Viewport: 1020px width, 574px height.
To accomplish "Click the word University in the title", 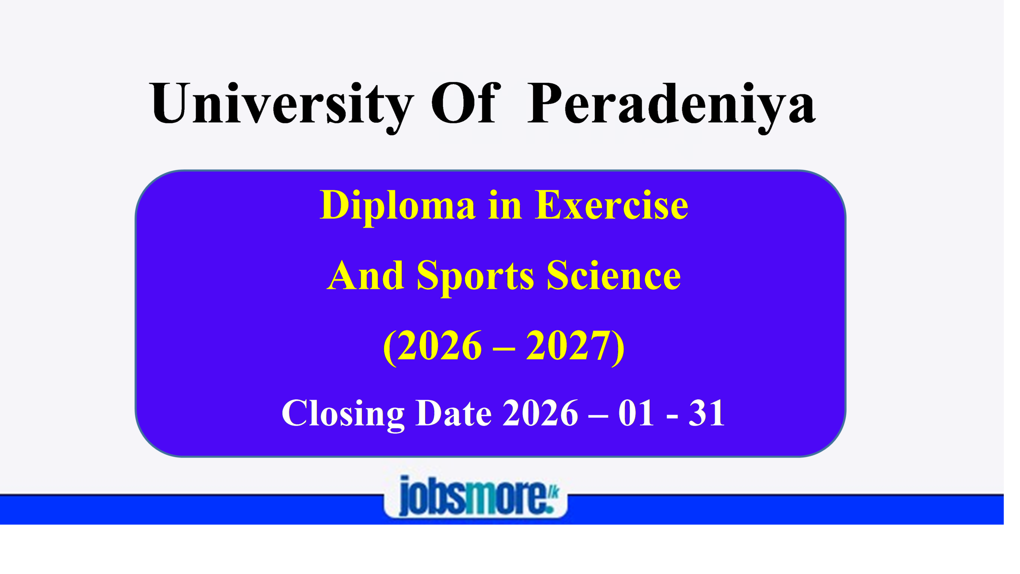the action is pos(281,106).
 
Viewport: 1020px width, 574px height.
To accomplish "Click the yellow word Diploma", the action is pos(398,207).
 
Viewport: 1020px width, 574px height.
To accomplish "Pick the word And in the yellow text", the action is pos(365,275).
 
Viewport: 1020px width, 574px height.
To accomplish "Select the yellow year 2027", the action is pos(568,345).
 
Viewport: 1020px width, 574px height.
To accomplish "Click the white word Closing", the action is pos(343,415).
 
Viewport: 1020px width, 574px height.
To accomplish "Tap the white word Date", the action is pos(453,413).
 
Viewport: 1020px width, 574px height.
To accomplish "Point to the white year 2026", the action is pos(540,413).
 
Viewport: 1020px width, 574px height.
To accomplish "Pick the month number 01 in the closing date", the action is pos(636,413).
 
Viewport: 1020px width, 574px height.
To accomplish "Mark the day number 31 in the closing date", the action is pos(706,413).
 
